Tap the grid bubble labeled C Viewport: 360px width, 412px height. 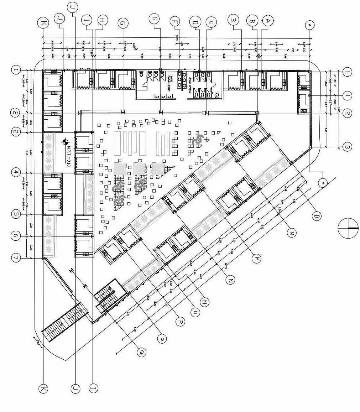[x=211, y=22]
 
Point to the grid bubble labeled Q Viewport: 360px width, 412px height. [x=142, y=352]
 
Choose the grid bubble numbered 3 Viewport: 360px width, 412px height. [x=347, y=147]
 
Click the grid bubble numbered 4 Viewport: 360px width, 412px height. [x=16, y=173]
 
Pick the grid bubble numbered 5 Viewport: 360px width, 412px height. [x=16, y=214]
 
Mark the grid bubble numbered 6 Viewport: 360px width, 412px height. [x=16, y=236]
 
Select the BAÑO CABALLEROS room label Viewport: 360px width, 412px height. [x=171, y=84]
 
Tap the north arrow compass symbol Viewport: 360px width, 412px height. [x=348, y=228]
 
